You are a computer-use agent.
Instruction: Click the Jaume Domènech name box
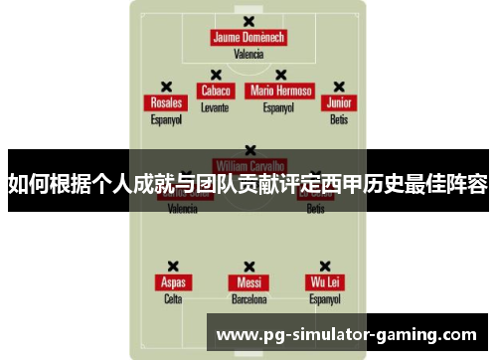248,38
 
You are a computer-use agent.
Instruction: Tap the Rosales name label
166,103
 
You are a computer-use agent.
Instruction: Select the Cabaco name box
215,90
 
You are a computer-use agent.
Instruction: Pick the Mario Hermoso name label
281,90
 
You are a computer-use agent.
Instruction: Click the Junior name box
339,103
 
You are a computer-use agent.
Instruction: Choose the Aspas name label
173,282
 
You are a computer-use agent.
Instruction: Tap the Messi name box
248,282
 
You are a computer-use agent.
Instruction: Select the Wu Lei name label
325,282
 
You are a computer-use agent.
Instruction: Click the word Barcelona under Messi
248,298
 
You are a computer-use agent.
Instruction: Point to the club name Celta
173,298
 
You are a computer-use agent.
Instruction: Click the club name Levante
215,105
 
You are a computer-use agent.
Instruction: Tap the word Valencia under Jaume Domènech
248,54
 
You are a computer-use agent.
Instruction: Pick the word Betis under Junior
339,119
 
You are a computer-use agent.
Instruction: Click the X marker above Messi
248,266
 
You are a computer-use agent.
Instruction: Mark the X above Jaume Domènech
248,21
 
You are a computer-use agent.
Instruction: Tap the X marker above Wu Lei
325,266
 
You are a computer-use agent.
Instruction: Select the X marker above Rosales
166,87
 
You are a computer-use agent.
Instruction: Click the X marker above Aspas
173,266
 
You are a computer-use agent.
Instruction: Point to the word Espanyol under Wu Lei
325,298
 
